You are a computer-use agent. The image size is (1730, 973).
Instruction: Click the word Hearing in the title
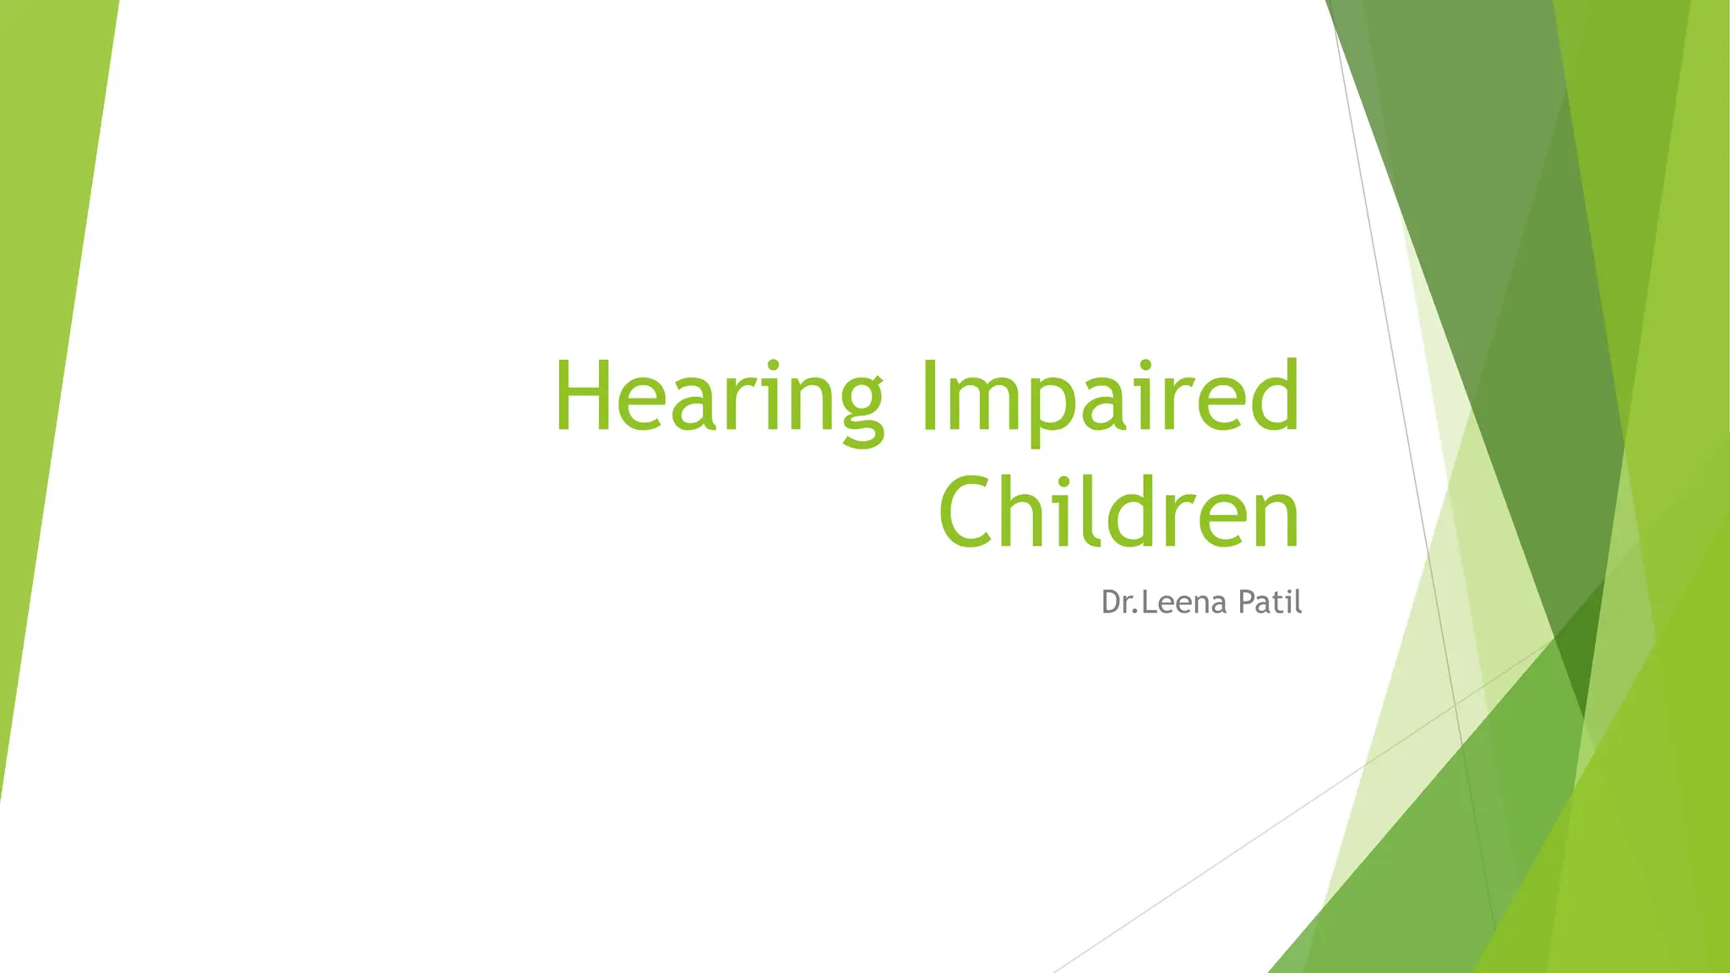coord(719,397)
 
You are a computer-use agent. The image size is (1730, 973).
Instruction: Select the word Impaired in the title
coord(1111,397)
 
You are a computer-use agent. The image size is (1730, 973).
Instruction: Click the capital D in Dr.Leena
coord(1111,602)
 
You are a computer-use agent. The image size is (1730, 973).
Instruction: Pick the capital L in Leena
coord(1149,602)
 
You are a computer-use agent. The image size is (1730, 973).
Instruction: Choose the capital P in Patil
coord(1246,602)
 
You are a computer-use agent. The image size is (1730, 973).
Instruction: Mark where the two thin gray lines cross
coord(1455,703)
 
